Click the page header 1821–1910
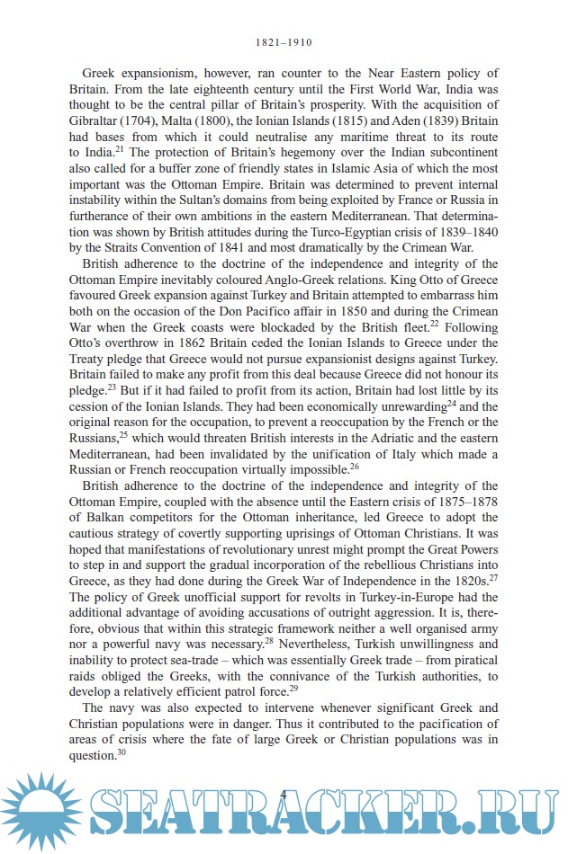(284, 41)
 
